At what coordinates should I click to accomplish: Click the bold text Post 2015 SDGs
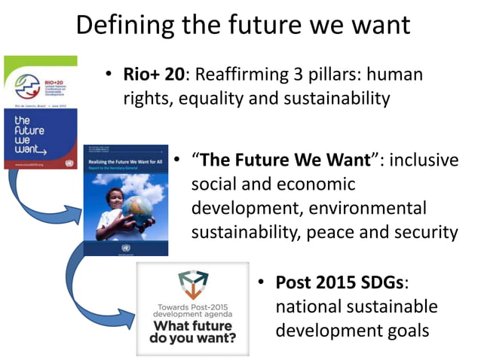tap(340, 283)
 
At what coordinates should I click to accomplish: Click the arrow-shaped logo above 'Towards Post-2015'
tap(191, 284)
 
